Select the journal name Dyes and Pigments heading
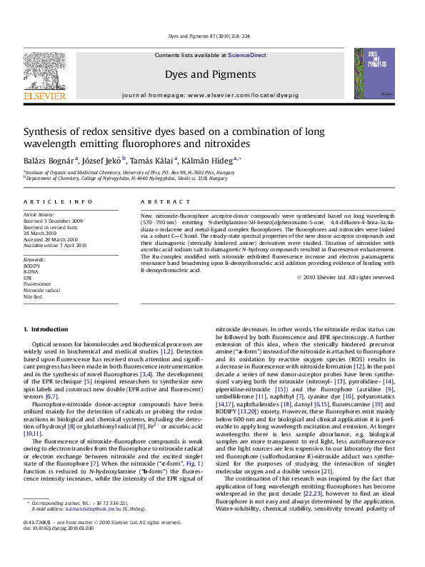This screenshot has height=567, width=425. click(210, 74)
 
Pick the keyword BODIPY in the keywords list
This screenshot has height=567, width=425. click(32, 265)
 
